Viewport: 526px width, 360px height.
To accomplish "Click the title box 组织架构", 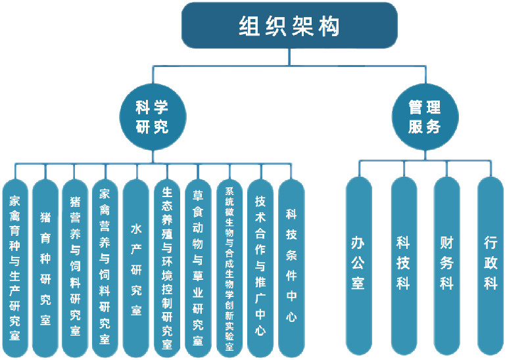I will click(289, 26).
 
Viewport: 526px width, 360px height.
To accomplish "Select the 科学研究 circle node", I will click(152, 117).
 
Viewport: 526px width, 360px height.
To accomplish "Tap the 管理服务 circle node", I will click(424, 117).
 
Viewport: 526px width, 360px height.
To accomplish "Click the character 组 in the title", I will click(250, 26).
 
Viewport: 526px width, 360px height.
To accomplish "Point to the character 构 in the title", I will click(329, 26).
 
